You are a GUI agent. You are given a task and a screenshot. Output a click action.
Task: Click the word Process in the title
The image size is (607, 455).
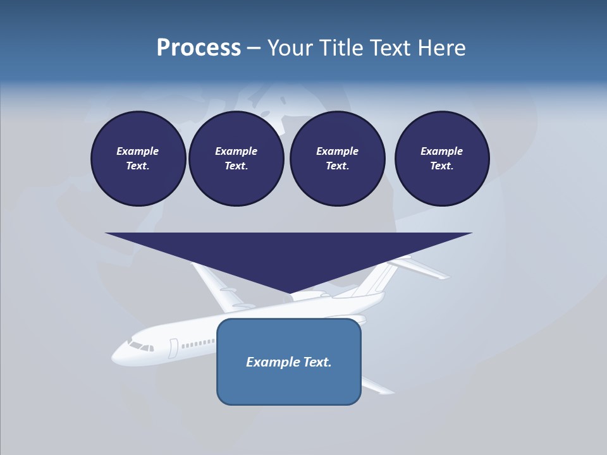pos(199,48)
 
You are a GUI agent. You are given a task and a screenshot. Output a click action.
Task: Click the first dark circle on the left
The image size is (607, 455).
pos(138,159)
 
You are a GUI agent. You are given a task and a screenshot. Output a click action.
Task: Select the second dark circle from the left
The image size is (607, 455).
pos(236,159)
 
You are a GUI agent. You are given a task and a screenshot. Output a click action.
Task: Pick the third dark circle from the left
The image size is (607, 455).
pos(337,159)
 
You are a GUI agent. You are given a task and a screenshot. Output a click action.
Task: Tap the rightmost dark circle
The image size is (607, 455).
pos(441,159)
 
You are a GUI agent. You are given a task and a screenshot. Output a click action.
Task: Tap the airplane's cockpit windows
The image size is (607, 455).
pos(140,346)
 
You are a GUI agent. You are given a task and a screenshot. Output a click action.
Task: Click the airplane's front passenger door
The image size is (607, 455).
pos(173,348)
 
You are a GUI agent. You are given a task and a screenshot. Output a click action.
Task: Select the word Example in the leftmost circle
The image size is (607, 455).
pos(138,151)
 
